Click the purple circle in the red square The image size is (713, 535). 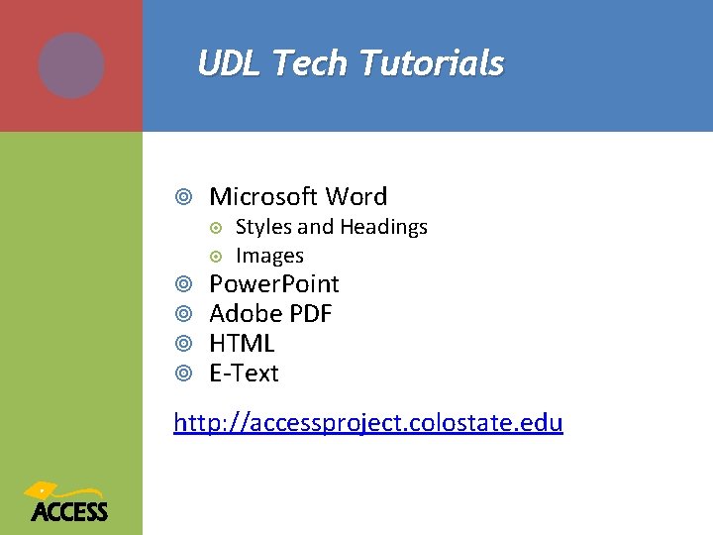coord(71,65)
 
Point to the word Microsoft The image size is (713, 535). coord(263,196)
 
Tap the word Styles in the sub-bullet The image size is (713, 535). coord(263,227)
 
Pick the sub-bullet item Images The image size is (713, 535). coord(269,256)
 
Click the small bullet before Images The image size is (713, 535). coord(218,256)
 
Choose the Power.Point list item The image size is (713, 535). coord(274,284)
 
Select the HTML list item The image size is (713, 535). coord(242,344)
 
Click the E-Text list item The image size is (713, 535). coord(245,374)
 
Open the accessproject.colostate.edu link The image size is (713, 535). coord(368,423)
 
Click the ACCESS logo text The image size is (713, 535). coord(69,511)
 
